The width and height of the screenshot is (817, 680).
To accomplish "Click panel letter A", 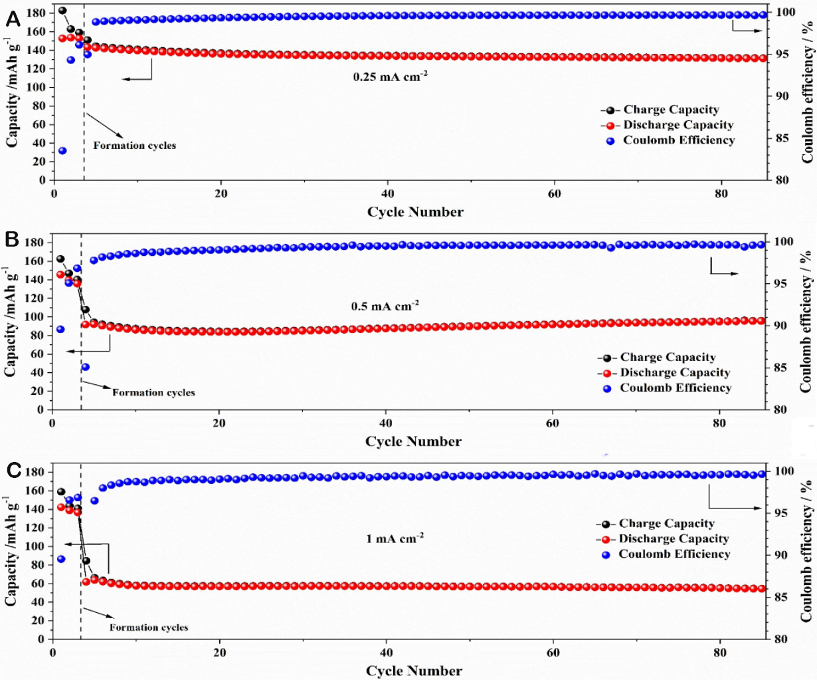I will point(13,21).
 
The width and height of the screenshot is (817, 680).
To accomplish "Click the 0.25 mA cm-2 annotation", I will point(390,76).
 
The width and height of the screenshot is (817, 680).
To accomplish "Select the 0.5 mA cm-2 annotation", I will point(385,306).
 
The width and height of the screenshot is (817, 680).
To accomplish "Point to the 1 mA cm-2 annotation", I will point(395,538).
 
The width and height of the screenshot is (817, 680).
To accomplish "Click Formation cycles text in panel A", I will point(134,145).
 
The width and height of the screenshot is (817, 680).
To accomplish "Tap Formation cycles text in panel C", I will point(149,627).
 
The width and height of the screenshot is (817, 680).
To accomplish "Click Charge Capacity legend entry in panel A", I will point(671,110).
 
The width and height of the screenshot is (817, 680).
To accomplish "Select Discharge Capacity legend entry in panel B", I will point(675,373).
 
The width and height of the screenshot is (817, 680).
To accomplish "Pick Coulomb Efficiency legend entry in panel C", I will point(674,554).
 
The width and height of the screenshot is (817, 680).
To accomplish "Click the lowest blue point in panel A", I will point(62,151).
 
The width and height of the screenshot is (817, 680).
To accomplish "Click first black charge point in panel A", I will point(62,11).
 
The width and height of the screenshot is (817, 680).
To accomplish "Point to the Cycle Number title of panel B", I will point(413,441).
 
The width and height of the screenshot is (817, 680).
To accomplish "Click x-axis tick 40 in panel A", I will point(387,193).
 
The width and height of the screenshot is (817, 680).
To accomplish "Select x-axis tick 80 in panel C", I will point(719,653).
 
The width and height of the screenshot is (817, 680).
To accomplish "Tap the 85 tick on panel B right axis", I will point(777,368).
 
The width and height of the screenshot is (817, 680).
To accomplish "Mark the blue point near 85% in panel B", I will point(85,367).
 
